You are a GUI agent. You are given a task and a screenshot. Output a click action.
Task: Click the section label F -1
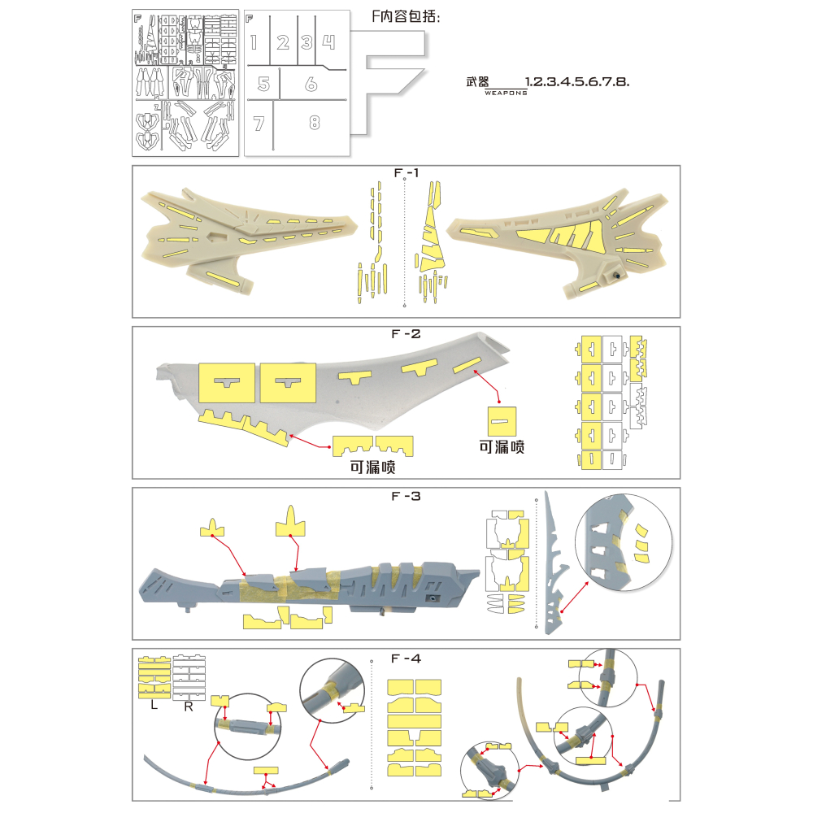[x=405, y=173]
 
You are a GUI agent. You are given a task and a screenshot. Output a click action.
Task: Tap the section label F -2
[x=405, y=334]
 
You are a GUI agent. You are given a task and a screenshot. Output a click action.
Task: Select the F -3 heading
[x=405, y=496]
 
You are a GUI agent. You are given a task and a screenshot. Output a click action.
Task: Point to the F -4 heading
[x=405, y=658]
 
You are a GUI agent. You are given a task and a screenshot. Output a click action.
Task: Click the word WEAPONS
[x=505, y=93]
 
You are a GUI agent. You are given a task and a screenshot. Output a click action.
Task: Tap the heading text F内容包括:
[x=405, y=17]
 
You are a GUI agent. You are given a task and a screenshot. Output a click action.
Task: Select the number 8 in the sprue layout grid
[x=315, y=123]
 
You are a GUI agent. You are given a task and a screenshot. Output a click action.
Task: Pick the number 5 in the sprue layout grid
[x=263, y=84]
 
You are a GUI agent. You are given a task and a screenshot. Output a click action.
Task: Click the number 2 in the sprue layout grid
[x=283, y=43]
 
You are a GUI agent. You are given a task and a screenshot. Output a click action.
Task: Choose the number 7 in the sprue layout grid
[x=259, y=124]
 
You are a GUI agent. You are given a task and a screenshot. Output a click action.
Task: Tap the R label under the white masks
[x=188, y=706]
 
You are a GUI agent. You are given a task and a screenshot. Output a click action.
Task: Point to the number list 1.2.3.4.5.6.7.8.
[x=578, y=82]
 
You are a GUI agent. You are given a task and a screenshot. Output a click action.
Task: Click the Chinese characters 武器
[x=478, y=82]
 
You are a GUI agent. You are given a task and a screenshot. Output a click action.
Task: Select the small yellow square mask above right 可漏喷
[x=501, y=420]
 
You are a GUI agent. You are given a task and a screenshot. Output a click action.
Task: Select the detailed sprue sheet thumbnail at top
[x=185, y=83]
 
